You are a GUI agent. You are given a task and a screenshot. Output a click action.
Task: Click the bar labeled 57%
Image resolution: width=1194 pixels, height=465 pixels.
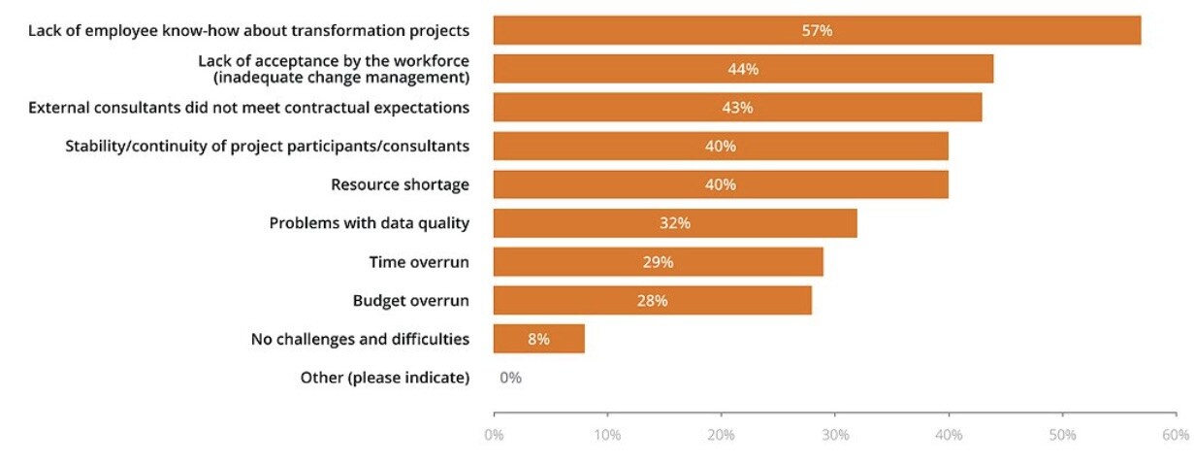tap(817, 30)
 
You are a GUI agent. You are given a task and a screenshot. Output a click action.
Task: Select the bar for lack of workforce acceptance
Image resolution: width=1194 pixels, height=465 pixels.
tap(743, 69)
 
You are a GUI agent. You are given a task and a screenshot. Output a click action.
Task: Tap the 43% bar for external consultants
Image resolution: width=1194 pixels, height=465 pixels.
tap(737, 108)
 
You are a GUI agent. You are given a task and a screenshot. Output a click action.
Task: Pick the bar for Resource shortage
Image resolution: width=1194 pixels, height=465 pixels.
tap(721, 184)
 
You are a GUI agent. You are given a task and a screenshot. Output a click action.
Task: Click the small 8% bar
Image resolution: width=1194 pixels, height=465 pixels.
tap(538, 339)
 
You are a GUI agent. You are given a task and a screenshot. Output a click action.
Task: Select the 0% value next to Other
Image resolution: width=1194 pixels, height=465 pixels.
tap(510, 378)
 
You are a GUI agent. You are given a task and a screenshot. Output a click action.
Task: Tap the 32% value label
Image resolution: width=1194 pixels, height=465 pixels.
tap(675, 223)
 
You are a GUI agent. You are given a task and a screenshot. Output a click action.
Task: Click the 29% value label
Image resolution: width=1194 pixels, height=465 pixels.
tap(658, 262)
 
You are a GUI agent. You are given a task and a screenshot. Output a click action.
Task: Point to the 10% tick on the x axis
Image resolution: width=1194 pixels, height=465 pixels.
tap(607, 435)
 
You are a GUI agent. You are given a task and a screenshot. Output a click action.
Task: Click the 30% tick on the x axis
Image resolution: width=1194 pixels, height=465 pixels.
tap(835, 435)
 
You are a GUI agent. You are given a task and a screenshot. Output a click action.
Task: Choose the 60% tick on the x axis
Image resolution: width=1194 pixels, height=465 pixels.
tap(1176, 435)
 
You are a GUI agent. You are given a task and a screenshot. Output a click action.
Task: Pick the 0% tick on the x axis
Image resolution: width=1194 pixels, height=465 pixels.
tap(494, 435)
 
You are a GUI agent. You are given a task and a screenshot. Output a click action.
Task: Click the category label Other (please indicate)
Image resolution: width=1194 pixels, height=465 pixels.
tap(384, 378)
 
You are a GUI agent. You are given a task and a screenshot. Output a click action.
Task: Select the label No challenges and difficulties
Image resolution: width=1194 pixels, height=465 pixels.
tap(360, 339)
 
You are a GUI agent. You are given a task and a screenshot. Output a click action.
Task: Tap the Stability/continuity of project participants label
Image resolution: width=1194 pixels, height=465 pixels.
tap(267, 146)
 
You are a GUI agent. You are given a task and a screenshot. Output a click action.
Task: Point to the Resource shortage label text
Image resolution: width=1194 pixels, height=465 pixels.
tap(400, 184)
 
